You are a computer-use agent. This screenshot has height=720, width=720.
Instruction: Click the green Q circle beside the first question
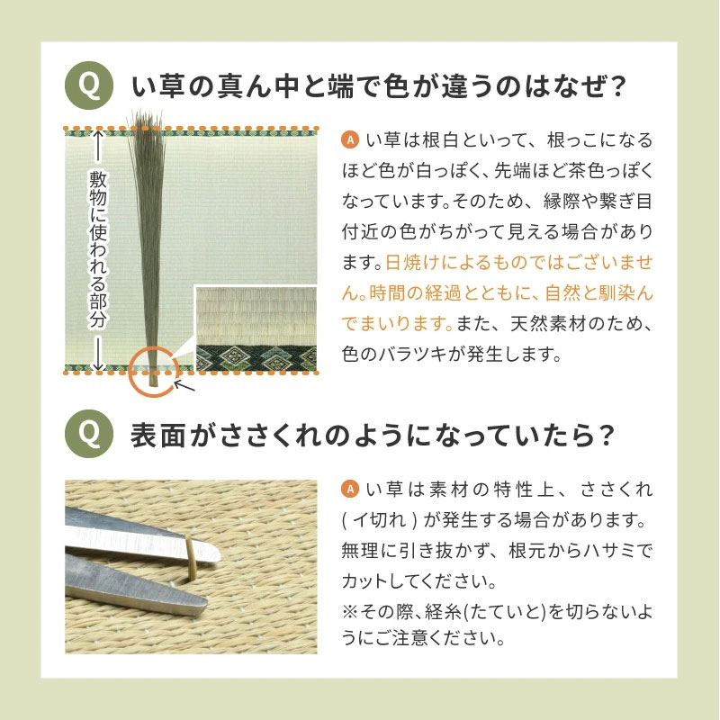click(89, 85)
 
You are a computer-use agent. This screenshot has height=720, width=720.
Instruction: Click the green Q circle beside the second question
click(89, 434)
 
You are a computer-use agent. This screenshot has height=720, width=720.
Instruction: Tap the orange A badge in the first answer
click(350, 139)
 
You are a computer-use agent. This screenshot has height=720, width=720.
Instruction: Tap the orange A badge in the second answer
click(350, 489)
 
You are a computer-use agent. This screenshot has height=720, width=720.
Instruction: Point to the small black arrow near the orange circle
click(184, 385)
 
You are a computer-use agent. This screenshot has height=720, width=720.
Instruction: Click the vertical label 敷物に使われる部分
click(98, 249)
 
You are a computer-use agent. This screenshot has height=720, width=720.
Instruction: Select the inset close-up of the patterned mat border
click(256, 329)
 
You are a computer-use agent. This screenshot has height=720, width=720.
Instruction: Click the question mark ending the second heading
click(606, 435)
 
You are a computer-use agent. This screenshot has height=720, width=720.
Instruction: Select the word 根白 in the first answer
click(440, 139)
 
